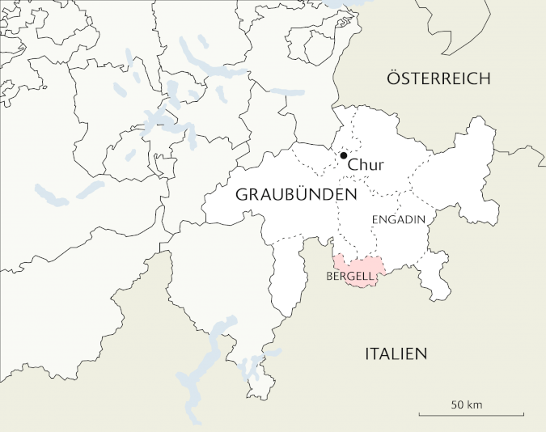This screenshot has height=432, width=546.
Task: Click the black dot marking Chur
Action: [344, 155]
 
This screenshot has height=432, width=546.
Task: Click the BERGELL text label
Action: [349, 277]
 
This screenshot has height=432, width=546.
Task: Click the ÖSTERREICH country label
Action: [438, 78]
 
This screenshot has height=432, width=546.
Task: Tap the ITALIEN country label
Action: [396, 354]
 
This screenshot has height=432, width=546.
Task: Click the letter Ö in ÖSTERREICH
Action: [394, 78]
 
